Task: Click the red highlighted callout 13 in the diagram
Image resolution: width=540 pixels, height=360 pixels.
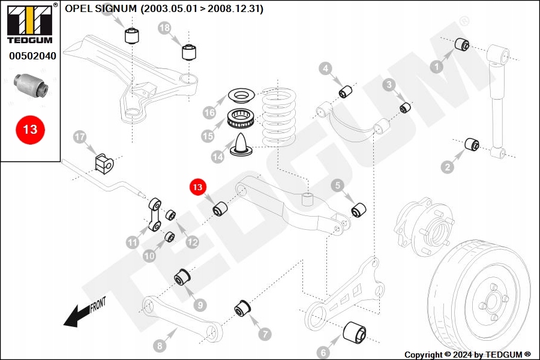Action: coord(197,187)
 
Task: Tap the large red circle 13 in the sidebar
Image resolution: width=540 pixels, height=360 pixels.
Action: coord(30,129)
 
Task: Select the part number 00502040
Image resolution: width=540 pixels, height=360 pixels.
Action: coord(32,56)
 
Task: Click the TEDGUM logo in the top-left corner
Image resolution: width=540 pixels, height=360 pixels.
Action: coord(29,23)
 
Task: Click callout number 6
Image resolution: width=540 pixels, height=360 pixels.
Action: coord(323,352)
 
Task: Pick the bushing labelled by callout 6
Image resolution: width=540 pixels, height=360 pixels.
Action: coord(354,333)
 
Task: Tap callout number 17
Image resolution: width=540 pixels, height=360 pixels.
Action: coord(80,137)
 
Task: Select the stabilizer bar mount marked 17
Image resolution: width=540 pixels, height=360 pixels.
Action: coord(104,163)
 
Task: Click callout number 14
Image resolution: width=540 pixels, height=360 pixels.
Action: coord(217,156)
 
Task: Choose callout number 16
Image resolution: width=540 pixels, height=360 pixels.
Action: coord(209,112)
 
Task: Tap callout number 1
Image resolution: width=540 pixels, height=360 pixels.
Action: coord(436,67)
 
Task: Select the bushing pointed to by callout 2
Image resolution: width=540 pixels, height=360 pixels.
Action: coord(473,144)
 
